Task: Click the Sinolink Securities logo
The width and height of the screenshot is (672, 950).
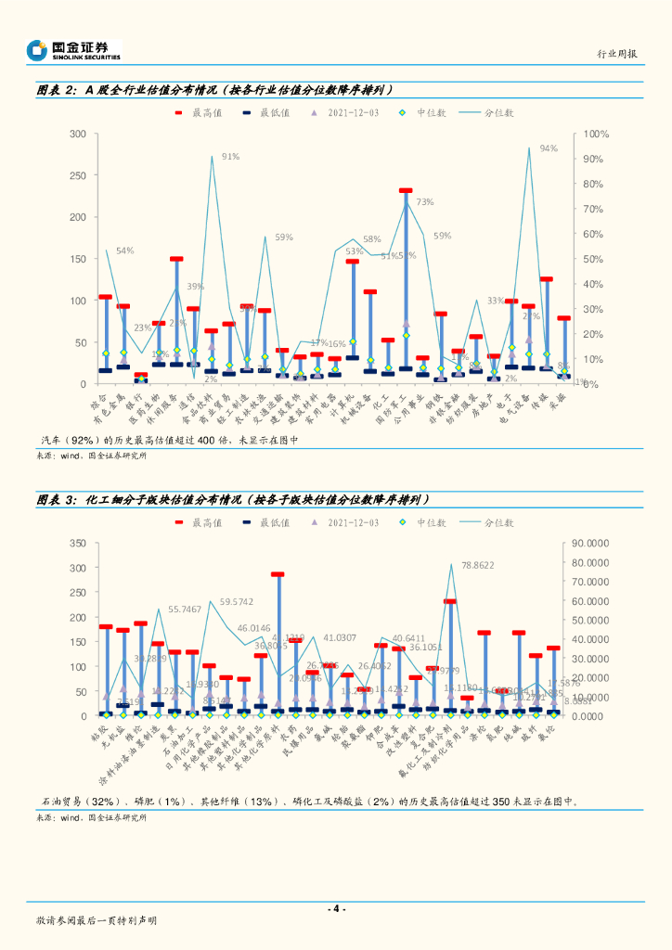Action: click(x=74, y=49)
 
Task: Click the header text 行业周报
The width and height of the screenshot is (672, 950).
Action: click(x=616, y=55)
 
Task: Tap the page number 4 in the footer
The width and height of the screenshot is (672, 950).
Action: click(x=337, y=908)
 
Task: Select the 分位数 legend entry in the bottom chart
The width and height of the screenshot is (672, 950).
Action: click(x=498, y=523)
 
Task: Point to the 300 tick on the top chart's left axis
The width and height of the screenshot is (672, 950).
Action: click(x=78, y=135)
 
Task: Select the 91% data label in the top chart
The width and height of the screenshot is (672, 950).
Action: click(x=230, y=157)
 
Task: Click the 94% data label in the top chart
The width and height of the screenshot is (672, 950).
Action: click(x=549, y=148)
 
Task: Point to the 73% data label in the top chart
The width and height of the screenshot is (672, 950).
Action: click(x=424, y=201)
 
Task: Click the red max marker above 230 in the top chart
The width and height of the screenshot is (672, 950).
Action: click(x=406, y=191)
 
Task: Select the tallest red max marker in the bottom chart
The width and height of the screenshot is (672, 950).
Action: click(x=277, y=575)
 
